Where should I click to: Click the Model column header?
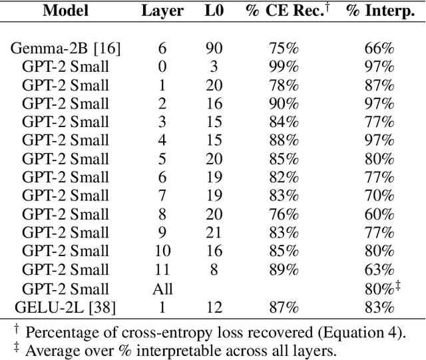(x=65, y=11)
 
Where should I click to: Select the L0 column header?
(x=214, y=11)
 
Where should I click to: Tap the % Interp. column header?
(x=380, y=11)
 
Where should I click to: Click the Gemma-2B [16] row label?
(x=65, y=48)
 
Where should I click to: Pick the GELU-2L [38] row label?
(x=65, y=307)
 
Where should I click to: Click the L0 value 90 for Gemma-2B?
(x=214, y=48)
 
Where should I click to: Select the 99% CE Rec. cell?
(x=284, y=67)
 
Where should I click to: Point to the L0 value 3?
(x=214, y=67)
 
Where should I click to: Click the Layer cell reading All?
(x=162, y=288)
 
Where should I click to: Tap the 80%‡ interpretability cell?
(x=381, y=288)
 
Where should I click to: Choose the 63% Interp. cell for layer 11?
(x=380, y=270)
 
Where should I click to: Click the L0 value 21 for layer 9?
(x=214, y=233)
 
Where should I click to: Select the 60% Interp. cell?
(x=380, y=214)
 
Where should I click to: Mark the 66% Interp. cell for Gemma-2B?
(x=380, y=48)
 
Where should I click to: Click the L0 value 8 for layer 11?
(x=214, y=270)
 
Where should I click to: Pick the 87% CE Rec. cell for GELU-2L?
(x=284, y=307)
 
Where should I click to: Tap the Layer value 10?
(x=162, y=252)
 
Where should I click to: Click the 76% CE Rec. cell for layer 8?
(x=284, y=214)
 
